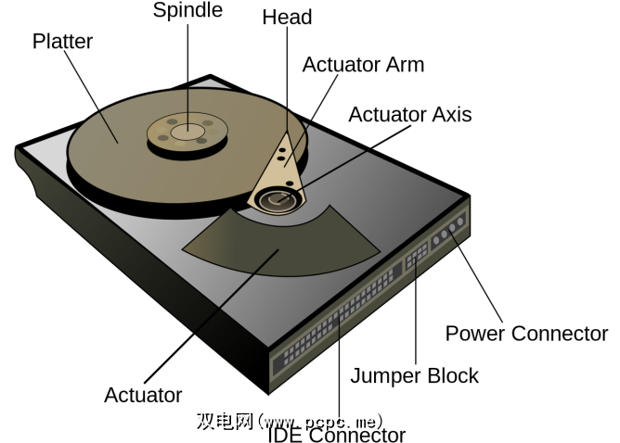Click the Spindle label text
coord(187,11)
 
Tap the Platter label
coord(64,42)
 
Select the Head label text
coord(287,18)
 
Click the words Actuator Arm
coord(363,65)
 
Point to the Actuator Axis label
coord(409,115)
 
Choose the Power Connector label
coord(526,334)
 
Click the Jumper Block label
coord(414,375)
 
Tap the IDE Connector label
coord(336,435)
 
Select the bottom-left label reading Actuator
coord(143,395)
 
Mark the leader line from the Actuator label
coord(213,315)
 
